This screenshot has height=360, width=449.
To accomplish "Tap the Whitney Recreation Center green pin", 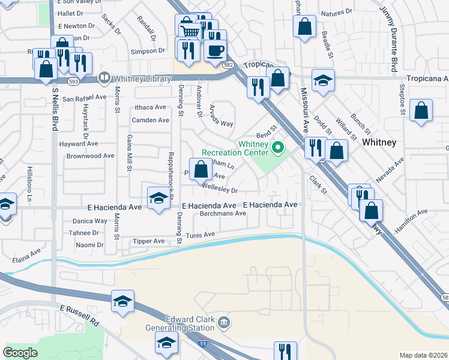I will click(278, 146).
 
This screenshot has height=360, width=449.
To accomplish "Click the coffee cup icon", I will click(215, 50).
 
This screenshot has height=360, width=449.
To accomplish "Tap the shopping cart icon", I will click(188, 31).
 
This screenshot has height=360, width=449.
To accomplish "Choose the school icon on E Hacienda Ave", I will click(158, 198).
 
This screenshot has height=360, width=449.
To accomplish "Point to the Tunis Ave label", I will click(200, 235).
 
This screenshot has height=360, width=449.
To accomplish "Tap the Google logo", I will click(20, 352).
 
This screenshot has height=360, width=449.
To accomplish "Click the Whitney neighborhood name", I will click(379, 143).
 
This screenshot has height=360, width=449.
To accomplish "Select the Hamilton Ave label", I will click(411, 220).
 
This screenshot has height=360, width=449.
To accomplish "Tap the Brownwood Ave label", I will click(90, 155).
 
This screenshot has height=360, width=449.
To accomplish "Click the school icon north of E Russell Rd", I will click(123, 301).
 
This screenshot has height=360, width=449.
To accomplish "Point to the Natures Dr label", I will click(336, 12).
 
